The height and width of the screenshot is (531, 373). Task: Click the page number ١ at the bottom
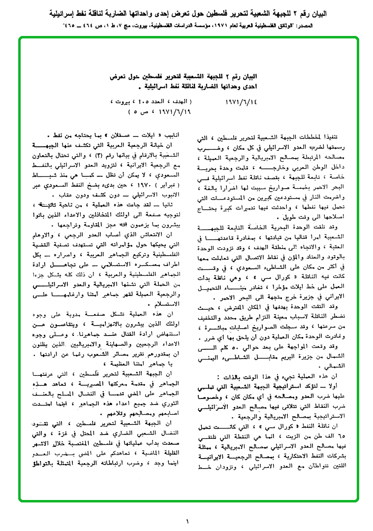[187, 521]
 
